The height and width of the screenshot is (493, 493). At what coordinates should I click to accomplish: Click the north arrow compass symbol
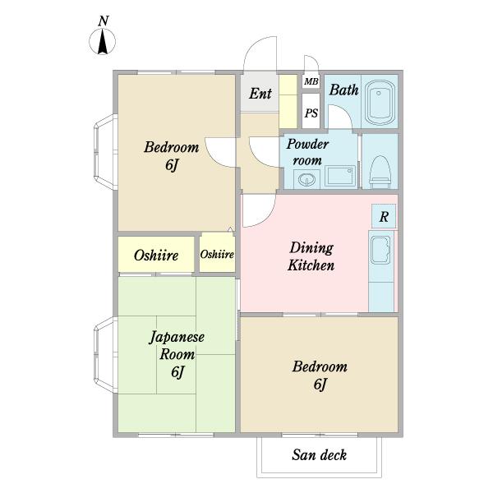pyautogui.click(x=103, y=42)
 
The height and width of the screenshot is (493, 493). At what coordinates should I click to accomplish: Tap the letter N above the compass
pyautogui.click(x=104, y=21)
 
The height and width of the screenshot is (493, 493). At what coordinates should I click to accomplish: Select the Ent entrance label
pyautogui.click(x=260, y=94)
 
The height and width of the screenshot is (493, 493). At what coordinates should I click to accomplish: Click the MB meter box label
pyautogui.click(x=311, y=81)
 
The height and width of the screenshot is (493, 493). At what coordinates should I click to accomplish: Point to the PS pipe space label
pyautogui.click(x=311, y=113)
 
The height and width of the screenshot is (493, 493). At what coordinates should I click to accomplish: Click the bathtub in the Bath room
pyautogui.click(x=380, y=102)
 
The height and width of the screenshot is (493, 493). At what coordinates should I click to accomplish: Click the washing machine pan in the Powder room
pyautogui.click(x=340, y=176)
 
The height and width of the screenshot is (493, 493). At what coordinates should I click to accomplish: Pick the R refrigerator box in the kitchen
pyautogui.click(x=384, y=216)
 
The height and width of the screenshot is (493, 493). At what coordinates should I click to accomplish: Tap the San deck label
pyautogui.click(x=319, y=455)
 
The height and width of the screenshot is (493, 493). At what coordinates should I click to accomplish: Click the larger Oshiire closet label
pyautogui.click(x=156, y=255)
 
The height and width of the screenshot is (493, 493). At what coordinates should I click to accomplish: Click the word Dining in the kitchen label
pyautogui.click(x=311, y=248)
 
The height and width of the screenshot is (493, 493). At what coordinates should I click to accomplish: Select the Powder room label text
pyautogui.click(x=307, y=152)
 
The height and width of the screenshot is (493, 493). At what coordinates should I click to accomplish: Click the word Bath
pyautogui.click(x=344, y=90)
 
